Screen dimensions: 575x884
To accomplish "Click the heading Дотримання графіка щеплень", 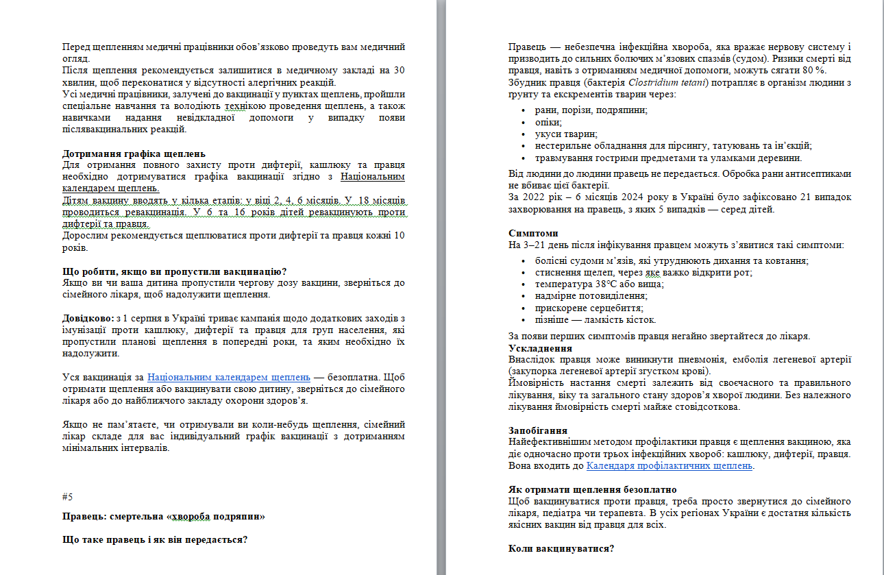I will [x=134, y=154].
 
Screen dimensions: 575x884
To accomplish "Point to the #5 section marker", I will [x=67, y=496].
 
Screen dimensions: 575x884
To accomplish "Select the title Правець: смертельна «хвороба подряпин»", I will [x=163, y=516].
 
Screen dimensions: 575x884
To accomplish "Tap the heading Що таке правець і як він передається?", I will [x=154, y=539].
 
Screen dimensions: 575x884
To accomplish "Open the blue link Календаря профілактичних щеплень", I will [x=670, y=466].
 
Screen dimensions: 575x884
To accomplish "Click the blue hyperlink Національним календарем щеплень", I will [x=230, y=377].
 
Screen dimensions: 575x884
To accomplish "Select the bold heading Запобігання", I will [x=537, y=430].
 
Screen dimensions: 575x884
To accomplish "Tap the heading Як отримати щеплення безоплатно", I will [x=593, y=489].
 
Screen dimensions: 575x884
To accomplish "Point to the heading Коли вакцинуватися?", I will [x=561, y=548].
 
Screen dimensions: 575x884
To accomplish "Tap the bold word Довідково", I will [x=87, y=318].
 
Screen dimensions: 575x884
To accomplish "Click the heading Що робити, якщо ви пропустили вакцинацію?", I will [x=174, y=271].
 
